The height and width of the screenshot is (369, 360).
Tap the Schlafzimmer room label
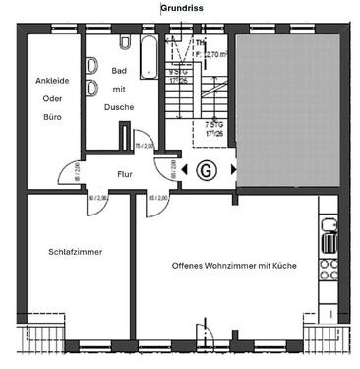pos(76,252)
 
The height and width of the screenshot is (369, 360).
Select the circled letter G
pos(207,169)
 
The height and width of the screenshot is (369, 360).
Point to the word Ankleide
pos(52,82)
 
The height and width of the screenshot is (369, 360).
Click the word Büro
pos(51,116)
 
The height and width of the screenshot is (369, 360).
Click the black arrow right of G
pos(233,169)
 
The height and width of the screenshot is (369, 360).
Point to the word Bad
pos(120,71)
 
